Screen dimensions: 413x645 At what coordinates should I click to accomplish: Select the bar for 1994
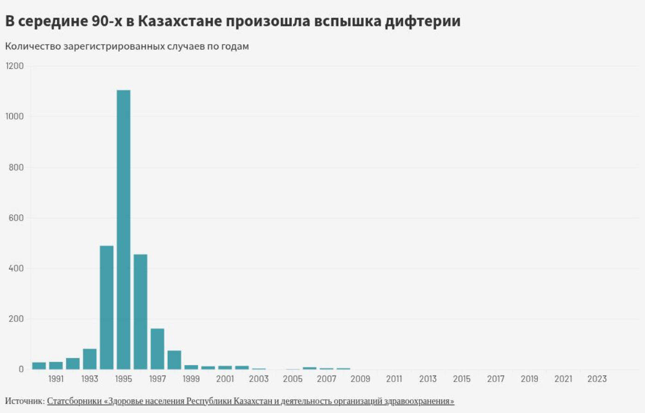(x=107, y=307)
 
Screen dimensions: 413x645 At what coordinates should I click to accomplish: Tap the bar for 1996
(x=140, y=311)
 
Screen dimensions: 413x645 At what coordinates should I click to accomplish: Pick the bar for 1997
(x=158, y=349)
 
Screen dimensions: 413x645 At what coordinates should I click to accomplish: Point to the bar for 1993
(x=90, y=359)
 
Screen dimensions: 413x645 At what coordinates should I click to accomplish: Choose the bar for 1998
(x=174, y=360)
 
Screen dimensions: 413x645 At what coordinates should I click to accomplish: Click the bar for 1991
(x=56, y=365)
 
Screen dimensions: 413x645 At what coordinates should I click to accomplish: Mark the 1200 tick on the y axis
(x=15, y=66)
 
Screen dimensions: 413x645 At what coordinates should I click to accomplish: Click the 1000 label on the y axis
(x=15, y=116)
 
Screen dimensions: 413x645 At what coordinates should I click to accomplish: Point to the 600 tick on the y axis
(x=16, y=218)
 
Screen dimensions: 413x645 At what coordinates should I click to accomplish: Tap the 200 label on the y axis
(x=16, y=319)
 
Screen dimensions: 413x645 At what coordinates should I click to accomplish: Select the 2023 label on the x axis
(x=597, y=379)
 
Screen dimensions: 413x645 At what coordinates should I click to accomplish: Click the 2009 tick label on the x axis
(x=360, y=379)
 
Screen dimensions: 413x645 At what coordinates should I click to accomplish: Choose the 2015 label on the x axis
(x=462, y=379)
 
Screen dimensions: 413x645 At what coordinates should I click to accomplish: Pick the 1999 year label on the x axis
(x=191, y=379)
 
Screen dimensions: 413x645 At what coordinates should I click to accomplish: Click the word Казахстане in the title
(x=178, y=21)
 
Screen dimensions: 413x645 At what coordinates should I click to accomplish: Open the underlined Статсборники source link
(x=250, y=401)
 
